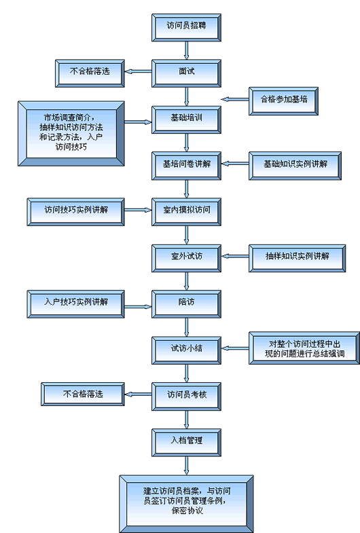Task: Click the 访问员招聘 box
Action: click(186, 28)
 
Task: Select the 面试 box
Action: click(186, 73)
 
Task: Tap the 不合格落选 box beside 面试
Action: click(90, 73)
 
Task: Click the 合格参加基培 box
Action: click(283, 101)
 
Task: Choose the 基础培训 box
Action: click(186, 120)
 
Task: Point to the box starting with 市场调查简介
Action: click(71, 134)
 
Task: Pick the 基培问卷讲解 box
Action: click(186, 166)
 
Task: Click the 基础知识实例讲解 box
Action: click(295, 166)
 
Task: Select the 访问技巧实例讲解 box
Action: click(76, 212)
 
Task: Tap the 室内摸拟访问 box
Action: click(186, 212)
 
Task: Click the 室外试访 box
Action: click(186, 258)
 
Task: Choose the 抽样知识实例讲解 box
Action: click(297, 258)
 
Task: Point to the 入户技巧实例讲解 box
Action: click(76, 304)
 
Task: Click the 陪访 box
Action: click(186, 304)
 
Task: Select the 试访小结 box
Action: click(186, 350)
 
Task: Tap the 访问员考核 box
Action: click(186, 397)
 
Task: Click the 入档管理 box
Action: click(186, 443)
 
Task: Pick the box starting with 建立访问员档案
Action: click(186, 504)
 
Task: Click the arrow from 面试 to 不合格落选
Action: click(139, 71)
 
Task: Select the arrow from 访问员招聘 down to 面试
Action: click(186, 51)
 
